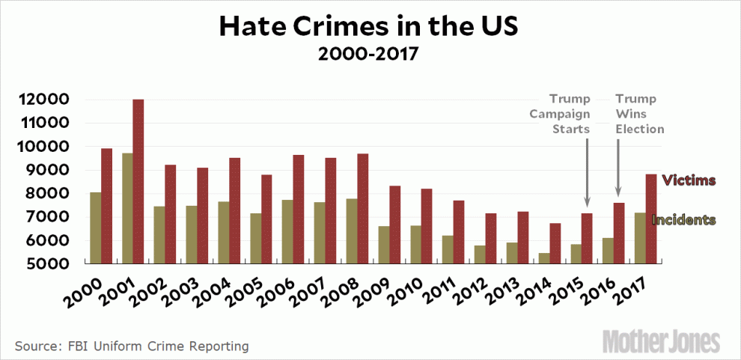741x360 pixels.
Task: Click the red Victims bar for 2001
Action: click(x=138, y=182)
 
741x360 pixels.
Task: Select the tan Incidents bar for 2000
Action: click(x=95, y=228)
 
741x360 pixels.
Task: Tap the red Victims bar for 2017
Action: click(x=651, y=219)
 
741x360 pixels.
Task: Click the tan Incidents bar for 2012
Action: click(x=480, y=254)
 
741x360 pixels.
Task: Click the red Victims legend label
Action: click(x=690, y=180)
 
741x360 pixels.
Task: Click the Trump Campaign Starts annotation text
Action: click(x=561, y=114)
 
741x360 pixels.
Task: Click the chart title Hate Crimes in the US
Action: click(x=368, y=27)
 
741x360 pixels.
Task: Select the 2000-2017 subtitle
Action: click(x=368, y=55)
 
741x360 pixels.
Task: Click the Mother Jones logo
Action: click(x=662, y=341)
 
